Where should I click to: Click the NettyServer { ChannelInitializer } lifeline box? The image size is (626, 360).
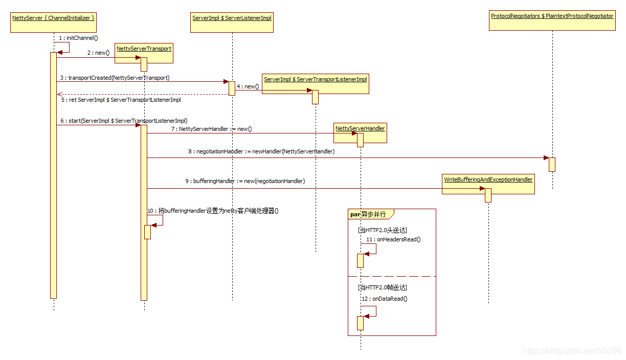tap(53, 22)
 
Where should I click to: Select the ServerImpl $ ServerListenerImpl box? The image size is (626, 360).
tap(232, 22)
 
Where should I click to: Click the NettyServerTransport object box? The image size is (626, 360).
tap(144, 53)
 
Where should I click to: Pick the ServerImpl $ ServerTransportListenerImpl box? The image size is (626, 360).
tap(315, 84)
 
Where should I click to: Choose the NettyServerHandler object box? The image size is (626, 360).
tap(360, 133)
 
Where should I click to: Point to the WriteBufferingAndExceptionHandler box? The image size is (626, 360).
tap(488, 184)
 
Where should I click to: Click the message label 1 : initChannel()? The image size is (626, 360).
tap(78, 38)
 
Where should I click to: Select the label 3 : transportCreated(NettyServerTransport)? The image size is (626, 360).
tap(115, 78)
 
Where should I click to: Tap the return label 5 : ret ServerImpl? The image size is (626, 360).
tap(121, 100)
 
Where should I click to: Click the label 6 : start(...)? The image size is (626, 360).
tap(123, 121)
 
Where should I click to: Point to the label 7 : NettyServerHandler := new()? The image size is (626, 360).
tap(211, 129)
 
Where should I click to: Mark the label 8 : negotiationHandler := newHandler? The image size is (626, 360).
tap(261, 151)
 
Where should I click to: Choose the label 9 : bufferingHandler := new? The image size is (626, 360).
tap(245, 181)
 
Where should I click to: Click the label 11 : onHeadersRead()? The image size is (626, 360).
tap(393, 239)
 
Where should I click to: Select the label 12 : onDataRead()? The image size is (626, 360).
tap(384, 299)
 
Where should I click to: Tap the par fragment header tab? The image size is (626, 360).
tap(368, 214)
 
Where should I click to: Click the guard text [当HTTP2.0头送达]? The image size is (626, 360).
tap(382, 230)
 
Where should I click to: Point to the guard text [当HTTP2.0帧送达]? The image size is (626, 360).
tap(382, 288)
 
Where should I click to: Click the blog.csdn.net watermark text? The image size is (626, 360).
tap(571, 351)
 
